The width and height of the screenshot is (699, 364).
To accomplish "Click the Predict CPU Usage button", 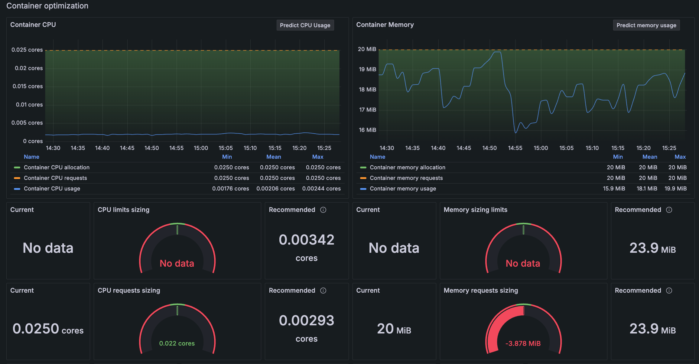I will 305,25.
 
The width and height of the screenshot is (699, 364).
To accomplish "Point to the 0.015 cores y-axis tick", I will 28,86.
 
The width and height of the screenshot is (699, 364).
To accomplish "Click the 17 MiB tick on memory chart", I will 367,110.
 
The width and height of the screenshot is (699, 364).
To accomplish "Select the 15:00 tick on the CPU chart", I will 201,148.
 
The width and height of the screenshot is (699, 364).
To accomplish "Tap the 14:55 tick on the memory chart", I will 515,148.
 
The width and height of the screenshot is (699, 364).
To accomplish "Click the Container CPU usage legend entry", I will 52,189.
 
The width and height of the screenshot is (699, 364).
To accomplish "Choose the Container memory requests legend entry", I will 406,178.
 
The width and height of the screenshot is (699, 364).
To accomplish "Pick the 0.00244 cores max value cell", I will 321,189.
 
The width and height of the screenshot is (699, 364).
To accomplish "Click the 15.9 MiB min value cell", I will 614,189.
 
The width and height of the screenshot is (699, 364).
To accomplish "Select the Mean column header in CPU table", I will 274,157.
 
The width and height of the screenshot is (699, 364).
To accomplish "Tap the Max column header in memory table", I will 680,157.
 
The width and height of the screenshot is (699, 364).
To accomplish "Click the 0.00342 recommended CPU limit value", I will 307,240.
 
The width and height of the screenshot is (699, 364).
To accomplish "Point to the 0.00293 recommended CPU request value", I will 307,321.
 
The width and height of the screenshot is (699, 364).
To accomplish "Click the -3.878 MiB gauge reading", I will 523,344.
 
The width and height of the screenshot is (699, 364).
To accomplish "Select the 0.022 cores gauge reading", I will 177,344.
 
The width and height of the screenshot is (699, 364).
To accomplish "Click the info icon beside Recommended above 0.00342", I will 323,210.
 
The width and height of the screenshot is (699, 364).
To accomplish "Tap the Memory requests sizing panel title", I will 481,291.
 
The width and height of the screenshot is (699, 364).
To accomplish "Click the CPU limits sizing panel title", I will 123,210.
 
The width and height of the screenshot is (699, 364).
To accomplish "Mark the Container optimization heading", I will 47,6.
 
